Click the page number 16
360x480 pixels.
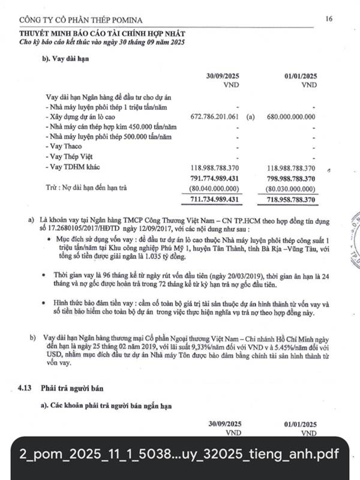pos(329,19)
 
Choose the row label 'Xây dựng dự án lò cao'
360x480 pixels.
pos(85,116)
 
